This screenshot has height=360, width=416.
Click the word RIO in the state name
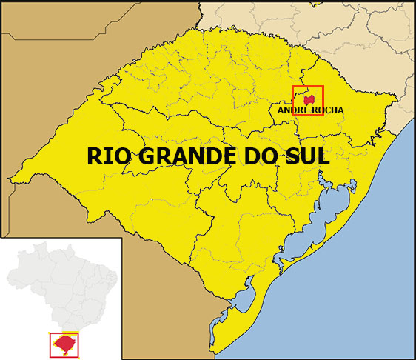[x=105, y=156]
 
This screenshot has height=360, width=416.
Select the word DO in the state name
[x=247, y=156]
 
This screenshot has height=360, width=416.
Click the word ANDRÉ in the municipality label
[x=292, y=110]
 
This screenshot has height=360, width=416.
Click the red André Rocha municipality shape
[x=309, y=99]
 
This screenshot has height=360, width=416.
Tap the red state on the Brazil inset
[x=65, y=344]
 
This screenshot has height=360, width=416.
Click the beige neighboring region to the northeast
[x=370, y=44]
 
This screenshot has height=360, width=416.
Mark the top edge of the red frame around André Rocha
[x=308, y=86]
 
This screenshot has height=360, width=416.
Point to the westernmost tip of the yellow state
[x=10, y=180]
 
